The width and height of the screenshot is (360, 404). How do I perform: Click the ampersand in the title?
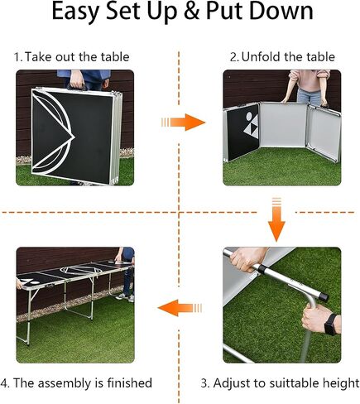point(191,12)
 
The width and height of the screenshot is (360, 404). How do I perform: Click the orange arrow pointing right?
point(183,122)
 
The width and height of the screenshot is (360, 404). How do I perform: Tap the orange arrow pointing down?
point(276,219)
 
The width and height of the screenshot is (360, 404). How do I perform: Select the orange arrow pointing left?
point(180,308)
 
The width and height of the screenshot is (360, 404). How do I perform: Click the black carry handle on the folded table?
point(77,87)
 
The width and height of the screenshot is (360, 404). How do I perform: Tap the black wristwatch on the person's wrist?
point(331,325)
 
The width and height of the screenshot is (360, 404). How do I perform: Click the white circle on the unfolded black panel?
point(249,117)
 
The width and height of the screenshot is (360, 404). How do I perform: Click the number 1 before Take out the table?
point(17,57)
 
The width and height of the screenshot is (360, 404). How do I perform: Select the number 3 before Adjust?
point(205,383)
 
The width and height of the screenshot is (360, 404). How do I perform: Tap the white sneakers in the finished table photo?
point(126,296)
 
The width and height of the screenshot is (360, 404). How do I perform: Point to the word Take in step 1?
point(38,57)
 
